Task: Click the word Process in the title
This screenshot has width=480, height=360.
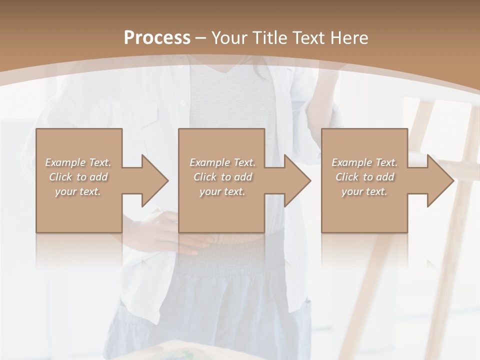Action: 157,38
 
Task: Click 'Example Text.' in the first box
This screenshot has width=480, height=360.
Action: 78,162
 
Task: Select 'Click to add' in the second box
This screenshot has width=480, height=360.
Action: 222,176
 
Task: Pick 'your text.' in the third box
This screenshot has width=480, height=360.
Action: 364,191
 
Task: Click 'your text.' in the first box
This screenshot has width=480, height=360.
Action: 78,191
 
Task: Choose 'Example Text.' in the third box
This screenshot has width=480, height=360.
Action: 364,162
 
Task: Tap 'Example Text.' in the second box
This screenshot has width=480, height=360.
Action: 222,162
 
